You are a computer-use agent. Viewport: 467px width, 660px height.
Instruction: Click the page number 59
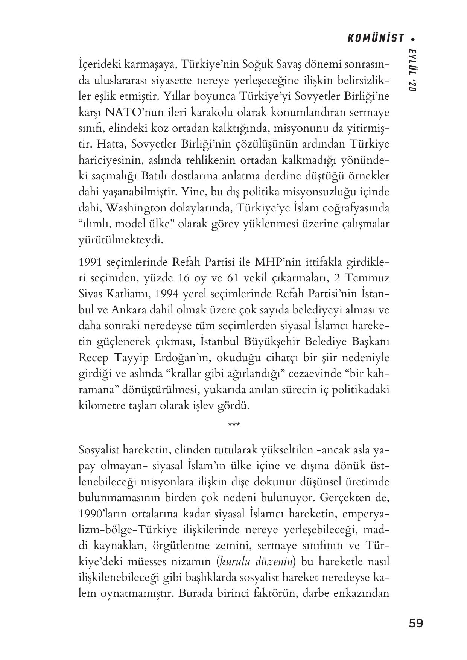point(416,624)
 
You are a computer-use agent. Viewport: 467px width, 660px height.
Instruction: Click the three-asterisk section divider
point(234,425)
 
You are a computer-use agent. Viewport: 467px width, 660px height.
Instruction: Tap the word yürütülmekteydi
point(121,240)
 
